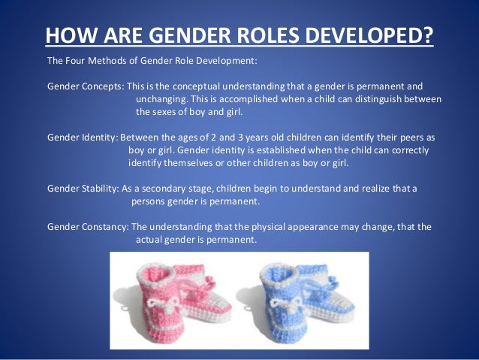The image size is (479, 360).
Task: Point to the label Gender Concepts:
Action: [85, 86]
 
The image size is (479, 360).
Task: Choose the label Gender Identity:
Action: [82, 138]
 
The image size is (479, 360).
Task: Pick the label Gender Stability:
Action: [83, 189]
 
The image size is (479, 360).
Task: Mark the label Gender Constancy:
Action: [88, 227]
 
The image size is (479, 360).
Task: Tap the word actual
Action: [149, 240]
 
